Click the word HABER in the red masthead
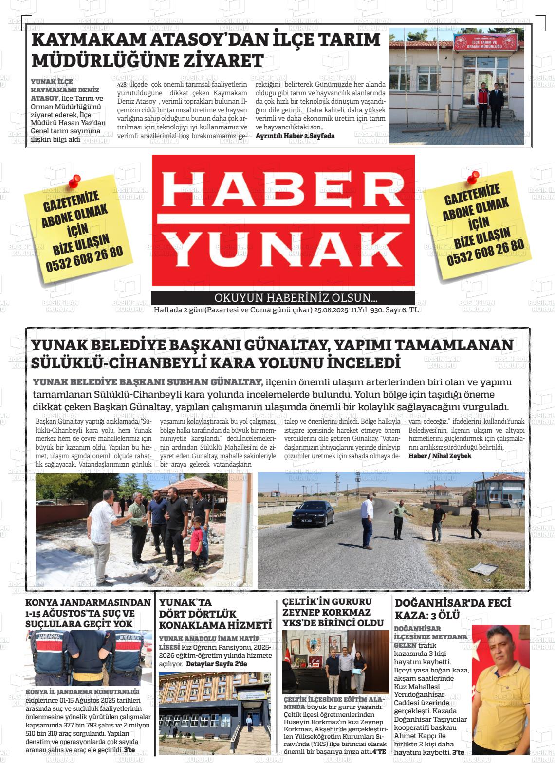pyautogui.click(x=283, y=188)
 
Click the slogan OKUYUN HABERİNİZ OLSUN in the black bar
pyautogui.click(x=296, y=298)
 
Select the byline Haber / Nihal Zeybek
pyautogui.click(x=440, y=456)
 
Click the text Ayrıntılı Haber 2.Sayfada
pyautogui.click(x=295, y=136)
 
